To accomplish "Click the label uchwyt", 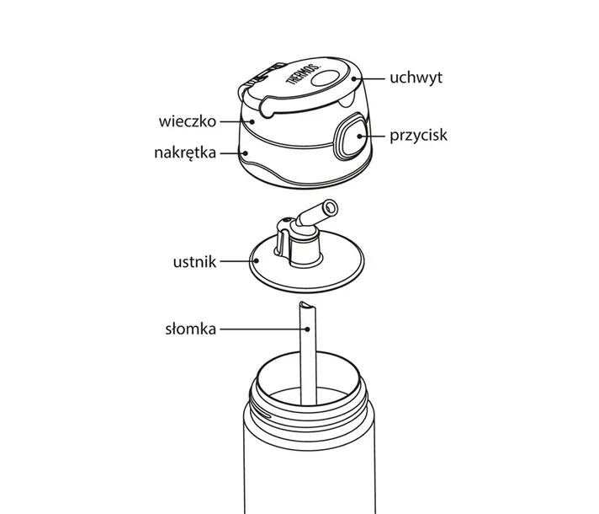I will click(416, 78).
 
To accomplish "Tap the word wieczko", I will click(188, 121).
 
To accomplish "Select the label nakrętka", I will click(186, 153).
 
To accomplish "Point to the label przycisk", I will click(417, 134).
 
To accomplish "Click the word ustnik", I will click(194, 262).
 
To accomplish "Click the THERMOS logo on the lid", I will click(304, 80).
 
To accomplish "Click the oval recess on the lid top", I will click(328, 78).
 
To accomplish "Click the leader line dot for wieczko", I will click(244, 121).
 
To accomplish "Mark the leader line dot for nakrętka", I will click(245, 153).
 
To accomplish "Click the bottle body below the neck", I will click(309, 472).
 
